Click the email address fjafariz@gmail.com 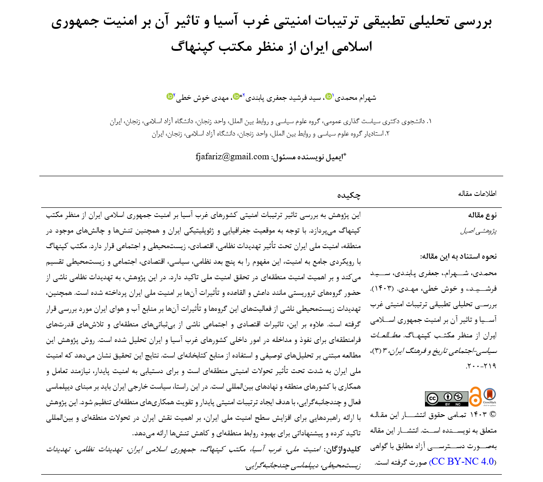[x=232, y=157]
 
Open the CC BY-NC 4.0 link [x=463, y=461]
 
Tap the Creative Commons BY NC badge [x=446, y=398]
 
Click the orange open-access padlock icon [x=475, y=397]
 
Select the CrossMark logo [x=489, y=396]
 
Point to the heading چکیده [x=349, y=195]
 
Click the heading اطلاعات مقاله [x=477, y=194]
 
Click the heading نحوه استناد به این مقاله [x=458, y=256]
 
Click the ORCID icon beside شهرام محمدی [x=328, y=97]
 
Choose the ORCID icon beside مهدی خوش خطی [x=170, y=96]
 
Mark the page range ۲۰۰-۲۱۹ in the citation [x=480, y=366]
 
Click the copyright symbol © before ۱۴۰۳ [x=493, y=415]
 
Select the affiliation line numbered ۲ [x=270, y=134]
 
